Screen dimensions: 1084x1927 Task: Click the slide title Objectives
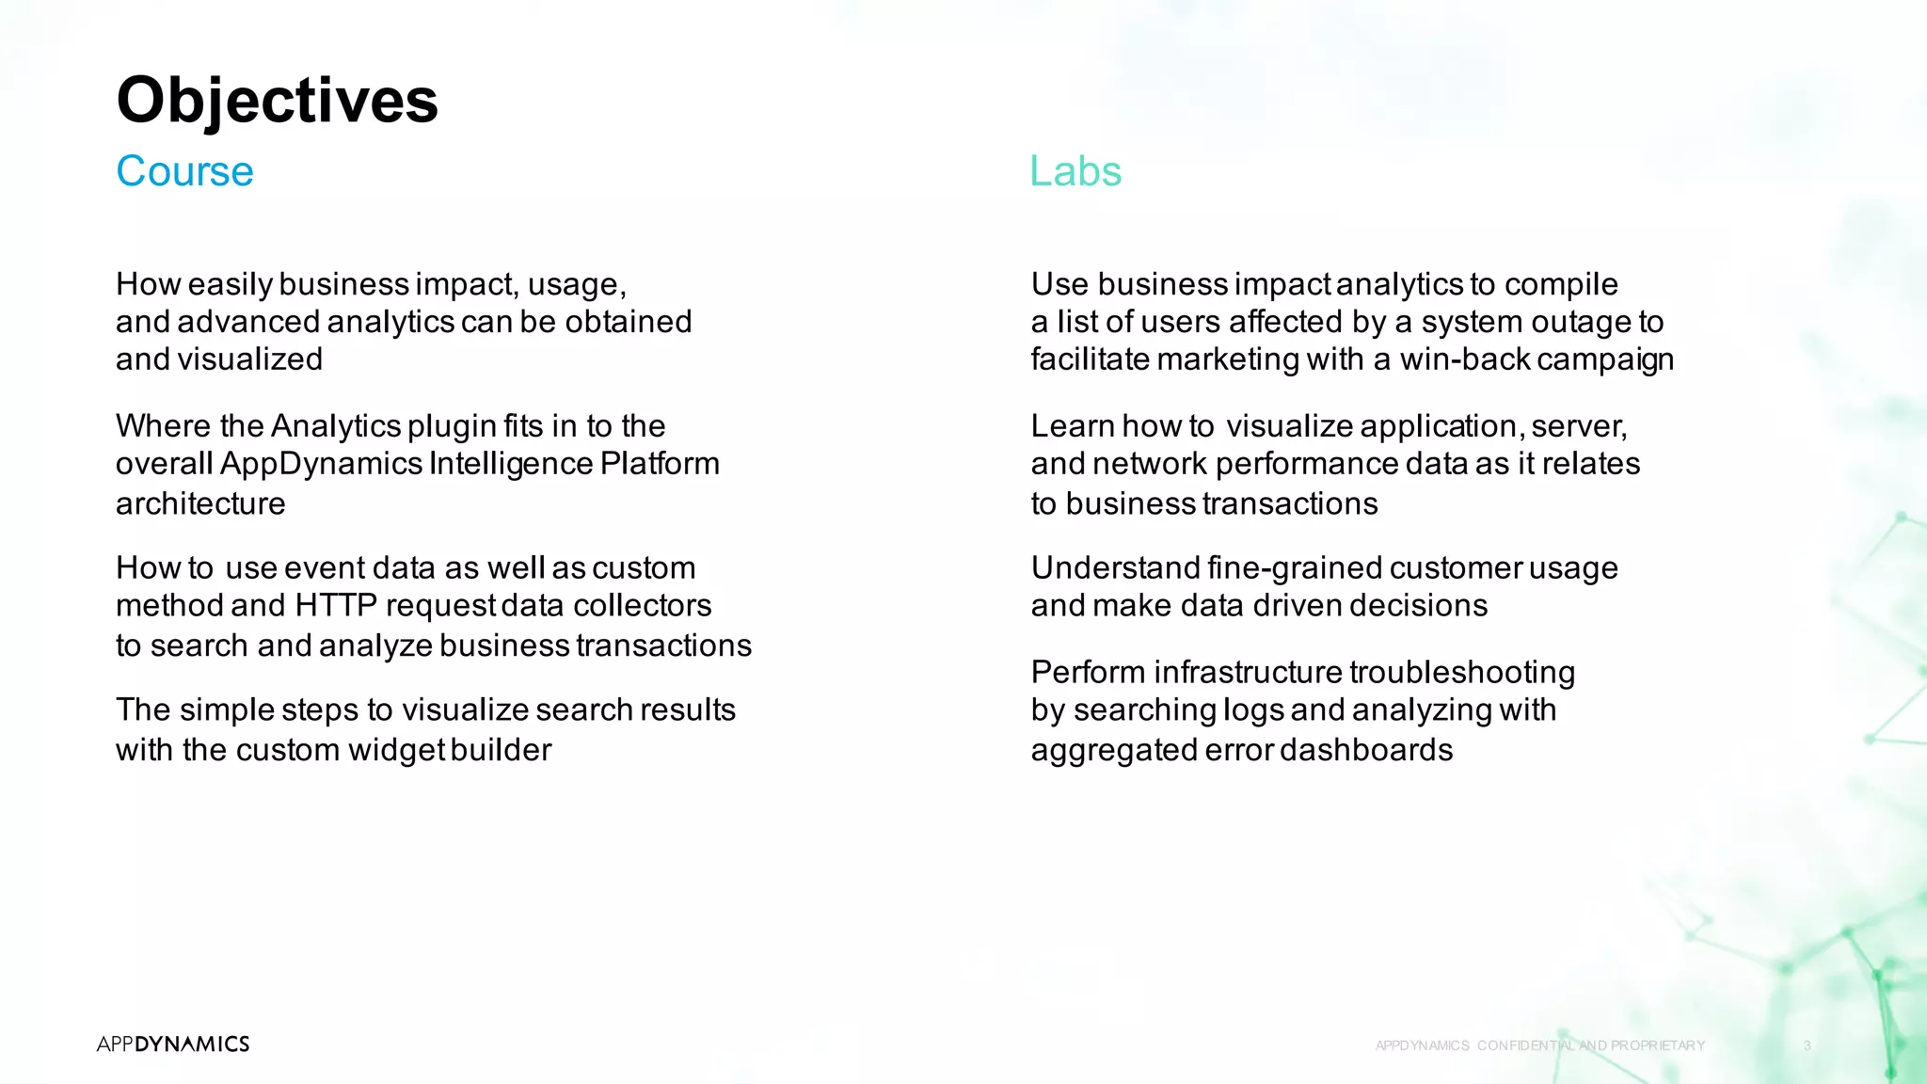click(x=277, y=100)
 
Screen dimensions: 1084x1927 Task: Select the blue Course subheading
click(x=184, y=171)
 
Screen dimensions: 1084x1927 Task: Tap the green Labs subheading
click(x=1075, y=171)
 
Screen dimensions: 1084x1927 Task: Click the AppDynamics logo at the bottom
click(x=173, y=1044)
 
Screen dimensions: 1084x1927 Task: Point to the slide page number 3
click(x=1807, y=1045)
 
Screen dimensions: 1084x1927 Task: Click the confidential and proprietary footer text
click(x=1539, y=1045)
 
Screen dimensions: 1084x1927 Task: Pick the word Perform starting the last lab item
click(x=1088, y=672)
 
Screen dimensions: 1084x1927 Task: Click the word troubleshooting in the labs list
click(x=1462, y=672)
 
